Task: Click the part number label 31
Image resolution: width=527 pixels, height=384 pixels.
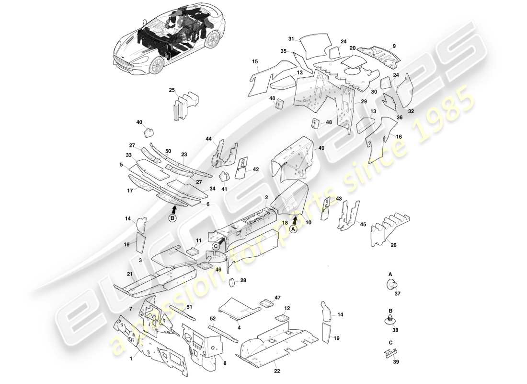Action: [291, 39]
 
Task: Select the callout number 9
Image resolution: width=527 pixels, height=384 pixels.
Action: [394, 46]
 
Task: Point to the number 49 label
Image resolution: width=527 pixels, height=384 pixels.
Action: [321, 148]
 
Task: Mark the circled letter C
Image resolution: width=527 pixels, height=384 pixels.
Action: [216, 246]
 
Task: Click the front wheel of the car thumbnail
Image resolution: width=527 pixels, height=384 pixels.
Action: [154, 67]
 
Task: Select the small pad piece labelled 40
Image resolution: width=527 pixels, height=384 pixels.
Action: [149, 130]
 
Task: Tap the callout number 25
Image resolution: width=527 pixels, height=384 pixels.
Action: [172, 90]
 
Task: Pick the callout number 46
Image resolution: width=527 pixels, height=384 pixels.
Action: [218, 270]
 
